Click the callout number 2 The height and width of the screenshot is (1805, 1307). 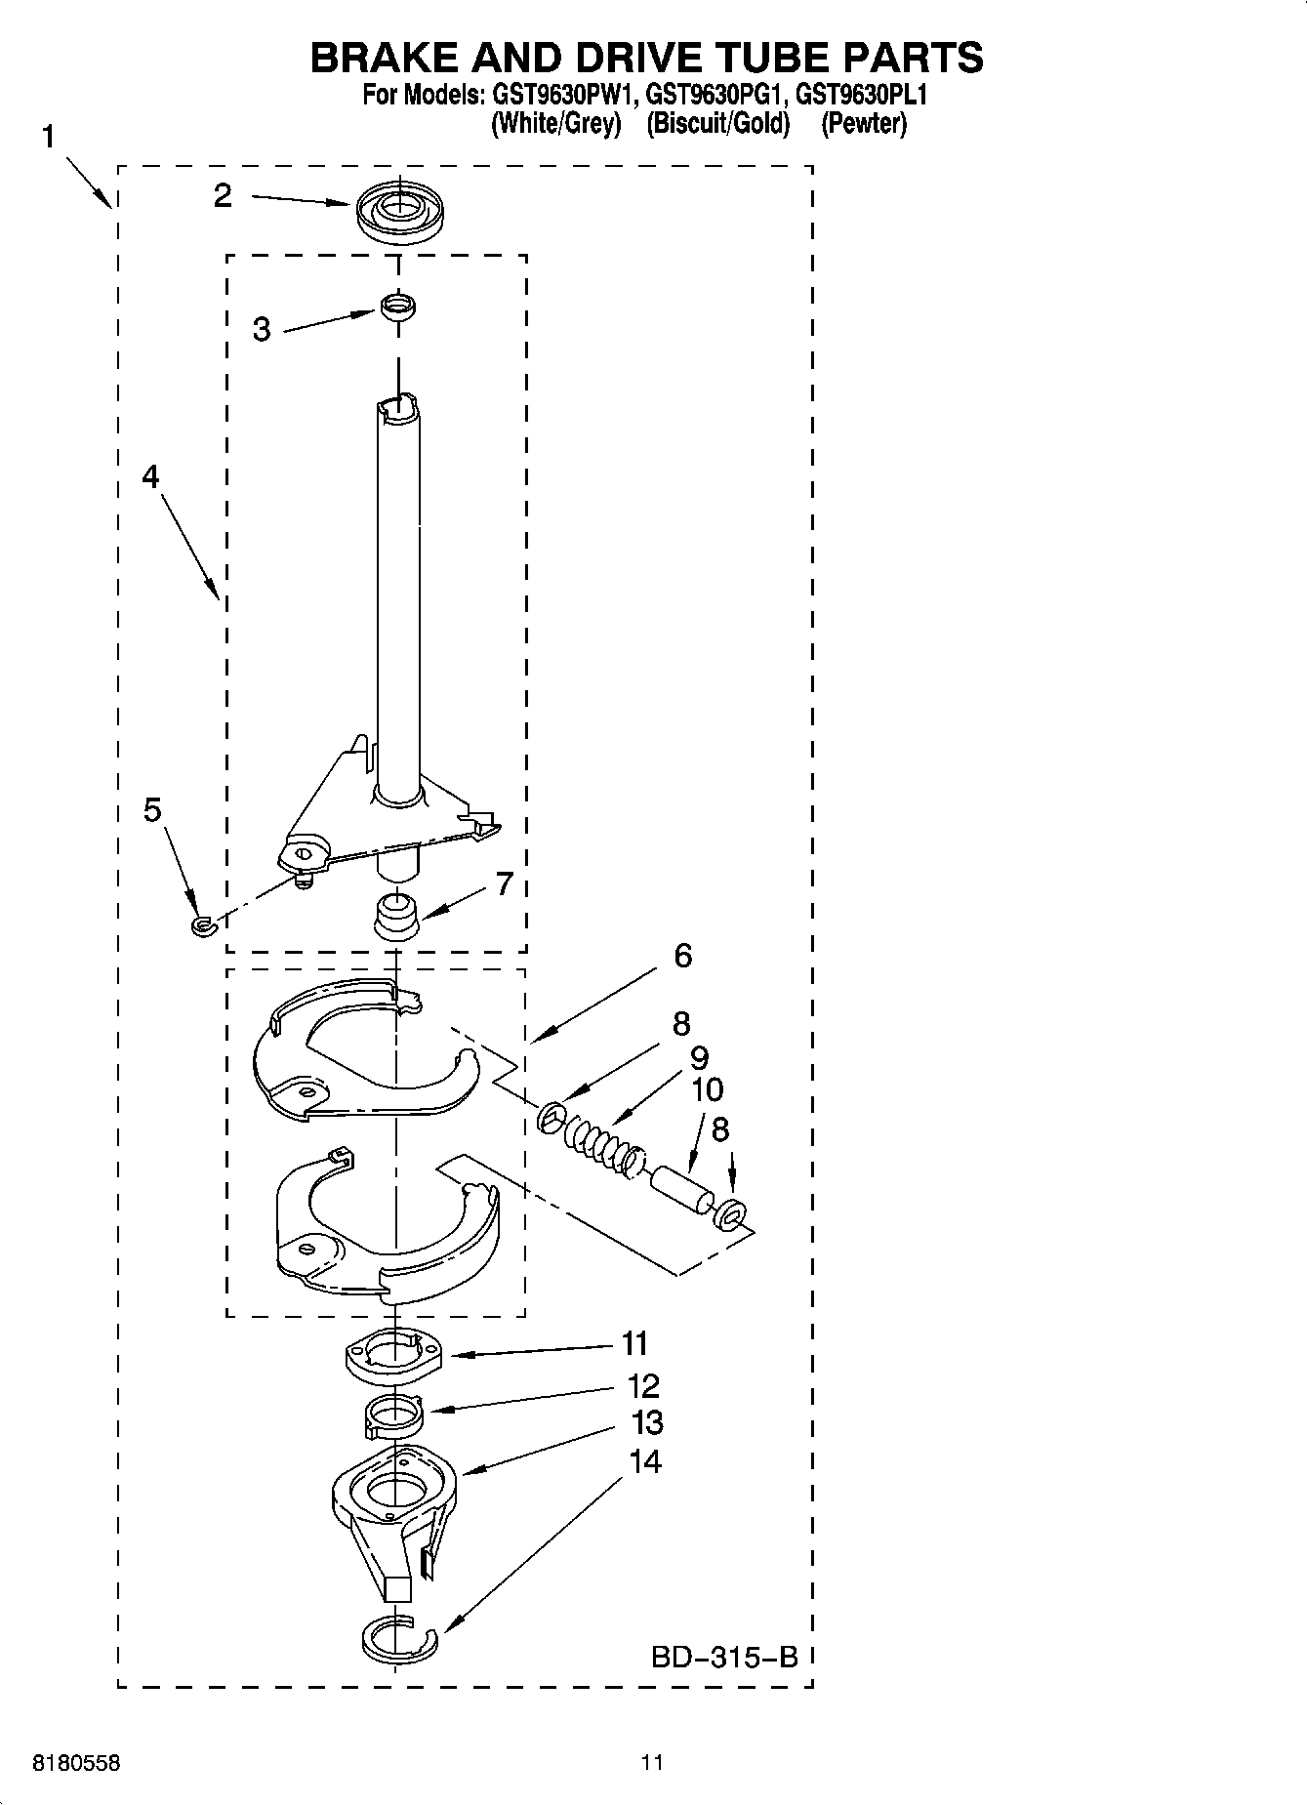(x=224, y=196)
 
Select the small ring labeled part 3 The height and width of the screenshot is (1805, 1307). (x=398, y=307)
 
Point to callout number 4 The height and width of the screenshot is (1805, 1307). (x=150, y=476)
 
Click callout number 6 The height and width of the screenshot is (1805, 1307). (x=682, y=956)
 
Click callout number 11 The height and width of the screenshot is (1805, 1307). (x=635, y=1344)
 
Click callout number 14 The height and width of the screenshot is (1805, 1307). (x=645, y=1461)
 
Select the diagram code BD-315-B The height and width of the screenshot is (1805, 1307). (x=724, y=1657)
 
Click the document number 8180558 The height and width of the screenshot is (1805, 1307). (x=77, y=1763)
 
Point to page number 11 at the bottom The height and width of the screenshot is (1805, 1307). (x=652, y=1762)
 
